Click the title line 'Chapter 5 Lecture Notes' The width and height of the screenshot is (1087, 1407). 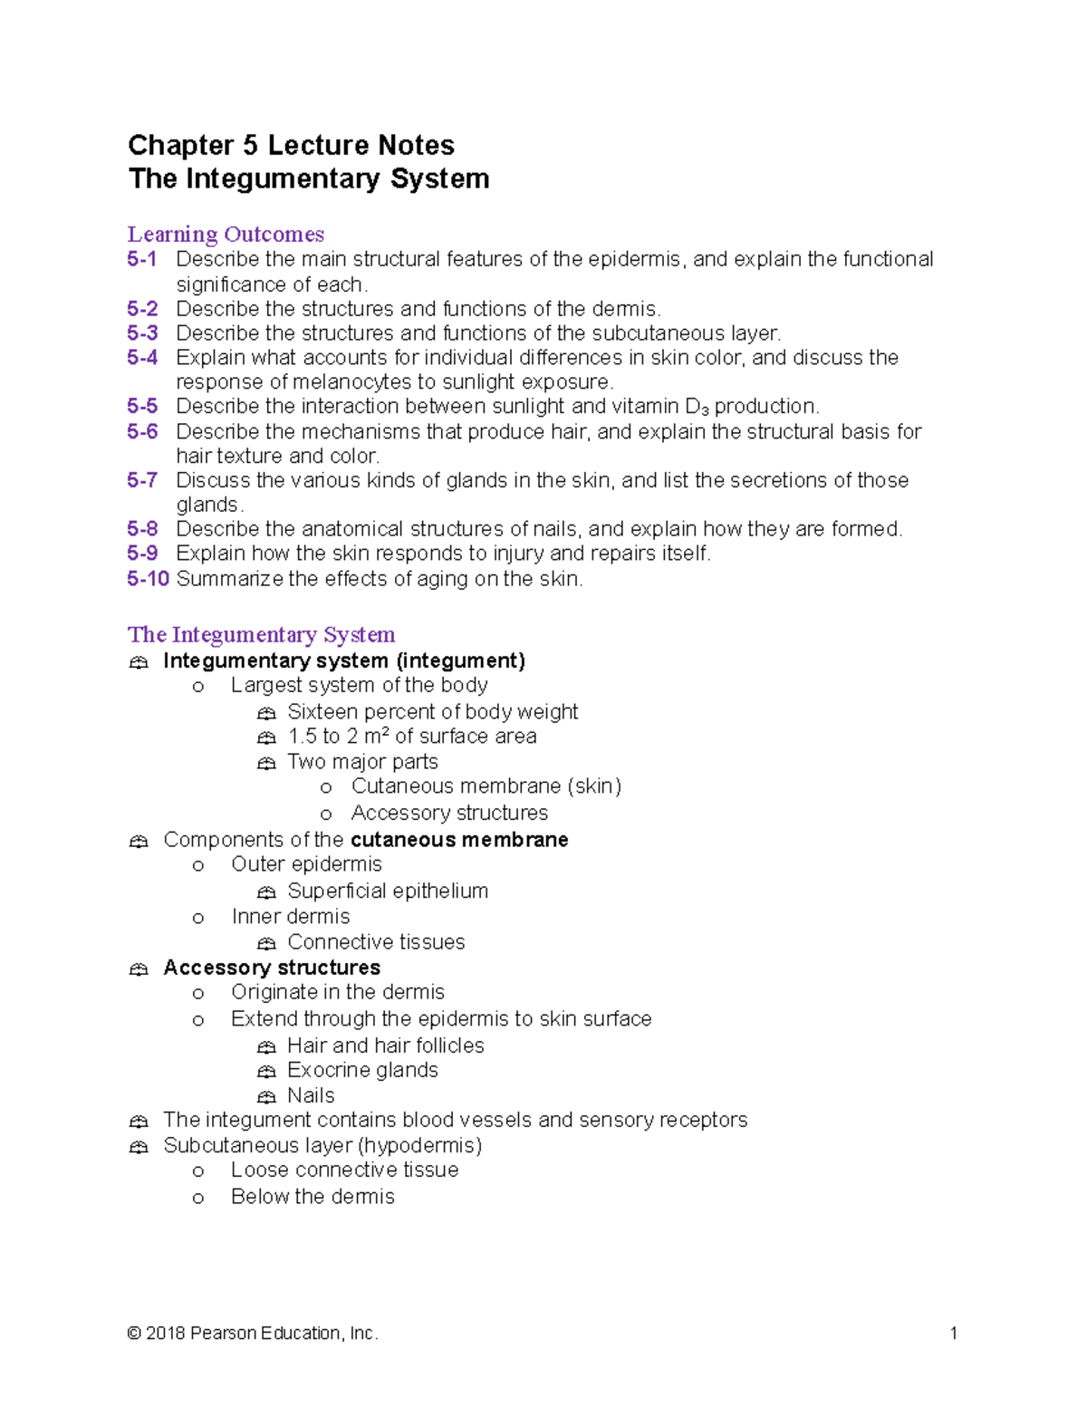pyautogui.click(x=291, y=145)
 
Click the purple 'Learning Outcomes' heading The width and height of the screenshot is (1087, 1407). pyautogui.click(x=226, y=234)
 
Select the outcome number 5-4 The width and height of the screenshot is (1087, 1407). pyautogui.click(x=142, y=358)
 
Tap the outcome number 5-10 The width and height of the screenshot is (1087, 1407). pyautogui.click(x=148, y=579)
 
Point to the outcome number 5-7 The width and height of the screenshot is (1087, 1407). pyautogui.click(x=142, y=480)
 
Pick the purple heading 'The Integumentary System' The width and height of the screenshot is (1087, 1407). pyautogui.click(x=261, y=634)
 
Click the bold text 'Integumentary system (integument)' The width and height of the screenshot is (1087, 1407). pyautogui.click(x=344, y=660)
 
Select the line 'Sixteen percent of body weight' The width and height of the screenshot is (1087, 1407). pyautogui.click(x=432, y=712)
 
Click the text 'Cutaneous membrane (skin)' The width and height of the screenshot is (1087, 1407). pyautogui.click(x=486, y=786)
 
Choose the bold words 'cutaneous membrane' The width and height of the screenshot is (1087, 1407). pyautogui.click(x=459, y=840)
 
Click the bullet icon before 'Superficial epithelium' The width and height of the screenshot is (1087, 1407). pyautogui.click(x=266, y=892)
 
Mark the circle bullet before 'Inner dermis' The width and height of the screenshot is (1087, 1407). pyautogui.click(x=198, y=919)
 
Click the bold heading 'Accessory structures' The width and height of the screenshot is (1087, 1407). pyautogui.click(x=272, y=968)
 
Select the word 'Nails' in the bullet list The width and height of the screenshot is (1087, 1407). pyautogui.click(x=311, y=1095)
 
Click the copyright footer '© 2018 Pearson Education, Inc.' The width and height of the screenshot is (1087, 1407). pyautogui.click(x=253, y=1333)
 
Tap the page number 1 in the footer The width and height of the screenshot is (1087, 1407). pyautogui.click(x=953, y=1333)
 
